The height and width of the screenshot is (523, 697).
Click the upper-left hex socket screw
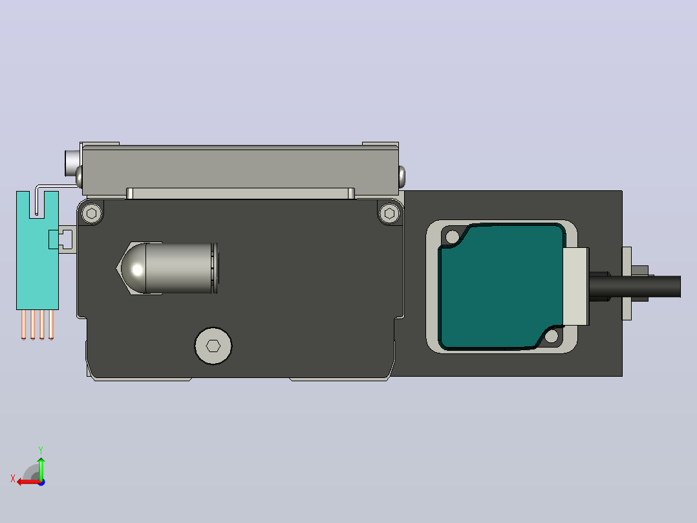[92, 214]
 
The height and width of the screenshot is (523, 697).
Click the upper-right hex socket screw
[389, 214]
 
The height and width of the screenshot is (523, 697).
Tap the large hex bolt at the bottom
[213, 346]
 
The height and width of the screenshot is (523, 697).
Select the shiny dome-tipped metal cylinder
[169, 268]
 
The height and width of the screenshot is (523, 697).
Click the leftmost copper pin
[23, 324]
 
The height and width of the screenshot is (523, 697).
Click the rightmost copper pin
[51, 324]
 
